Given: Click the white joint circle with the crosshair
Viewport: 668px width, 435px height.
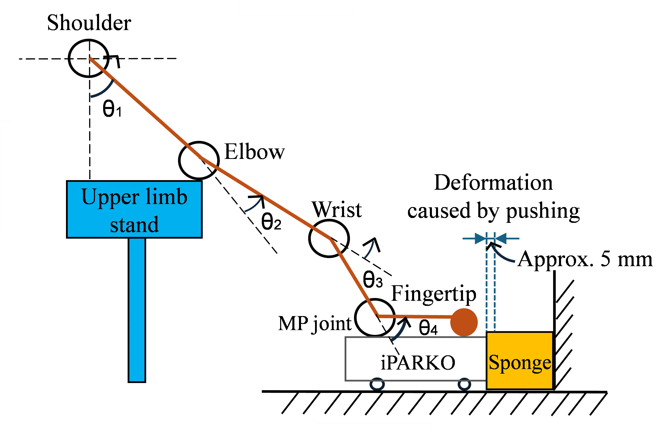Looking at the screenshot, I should click(x=88, y=58).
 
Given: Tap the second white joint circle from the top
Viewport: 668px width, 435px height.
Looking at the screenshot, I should click(x=199, y=160).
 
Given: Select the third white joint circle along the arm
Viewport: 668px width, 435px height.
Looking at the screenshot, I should click(x=329, y=238).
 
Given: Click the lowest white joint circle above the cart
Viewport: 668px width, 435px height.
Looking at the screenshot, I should click(x=374, y=318).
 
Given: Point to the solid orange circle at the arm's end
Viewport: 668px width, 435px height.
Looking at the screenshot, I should click(x=464, y=322).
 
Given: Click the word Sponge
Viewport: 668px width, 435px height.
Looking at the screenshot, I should click(x=520, y=363).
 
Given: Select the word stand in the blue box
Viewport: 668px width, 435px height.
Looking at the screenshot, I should click(x=134, y=225).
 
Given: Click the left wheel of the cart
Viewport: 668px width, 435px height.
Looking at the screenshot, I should click(x=377, y=384).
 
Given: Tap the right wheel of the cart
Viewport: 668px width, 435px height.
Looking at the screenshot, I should click(x=464, y=384).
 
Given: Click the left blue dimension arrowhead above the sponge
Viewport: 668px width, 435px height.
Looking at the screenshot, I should click(x=480, y=239).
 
